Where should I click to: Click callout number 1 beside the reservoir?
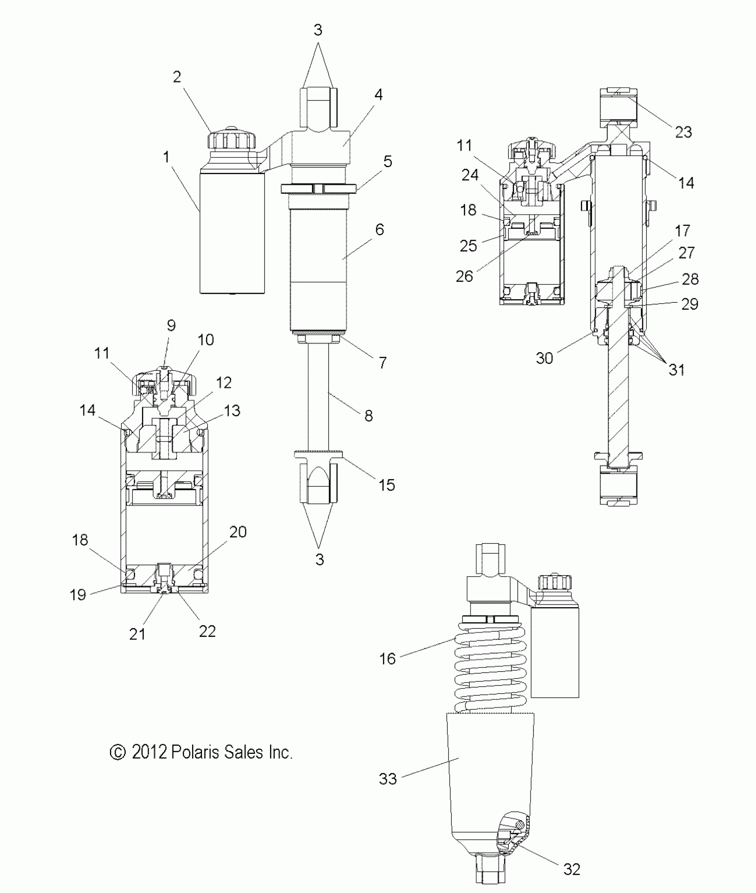point(166,157)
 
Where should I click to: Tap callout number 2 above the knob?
point(177,77)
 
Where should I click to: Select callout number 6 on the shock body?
point(379,230)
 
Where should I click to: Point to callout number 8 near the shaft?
point(368,416)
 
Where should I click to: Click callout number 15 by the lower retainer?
point(387,485)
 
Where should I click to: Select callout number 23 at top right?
point(684,132)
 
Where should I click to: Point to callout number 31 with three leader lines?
point(677,369)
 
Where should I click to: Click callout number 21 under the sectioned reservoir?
point(137,634)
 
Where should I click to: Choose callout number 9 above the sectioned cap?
point(171,325)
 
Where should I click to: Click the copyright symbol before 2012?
point(117,753)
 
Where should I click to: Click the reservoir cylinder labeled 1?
point(232,233)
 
